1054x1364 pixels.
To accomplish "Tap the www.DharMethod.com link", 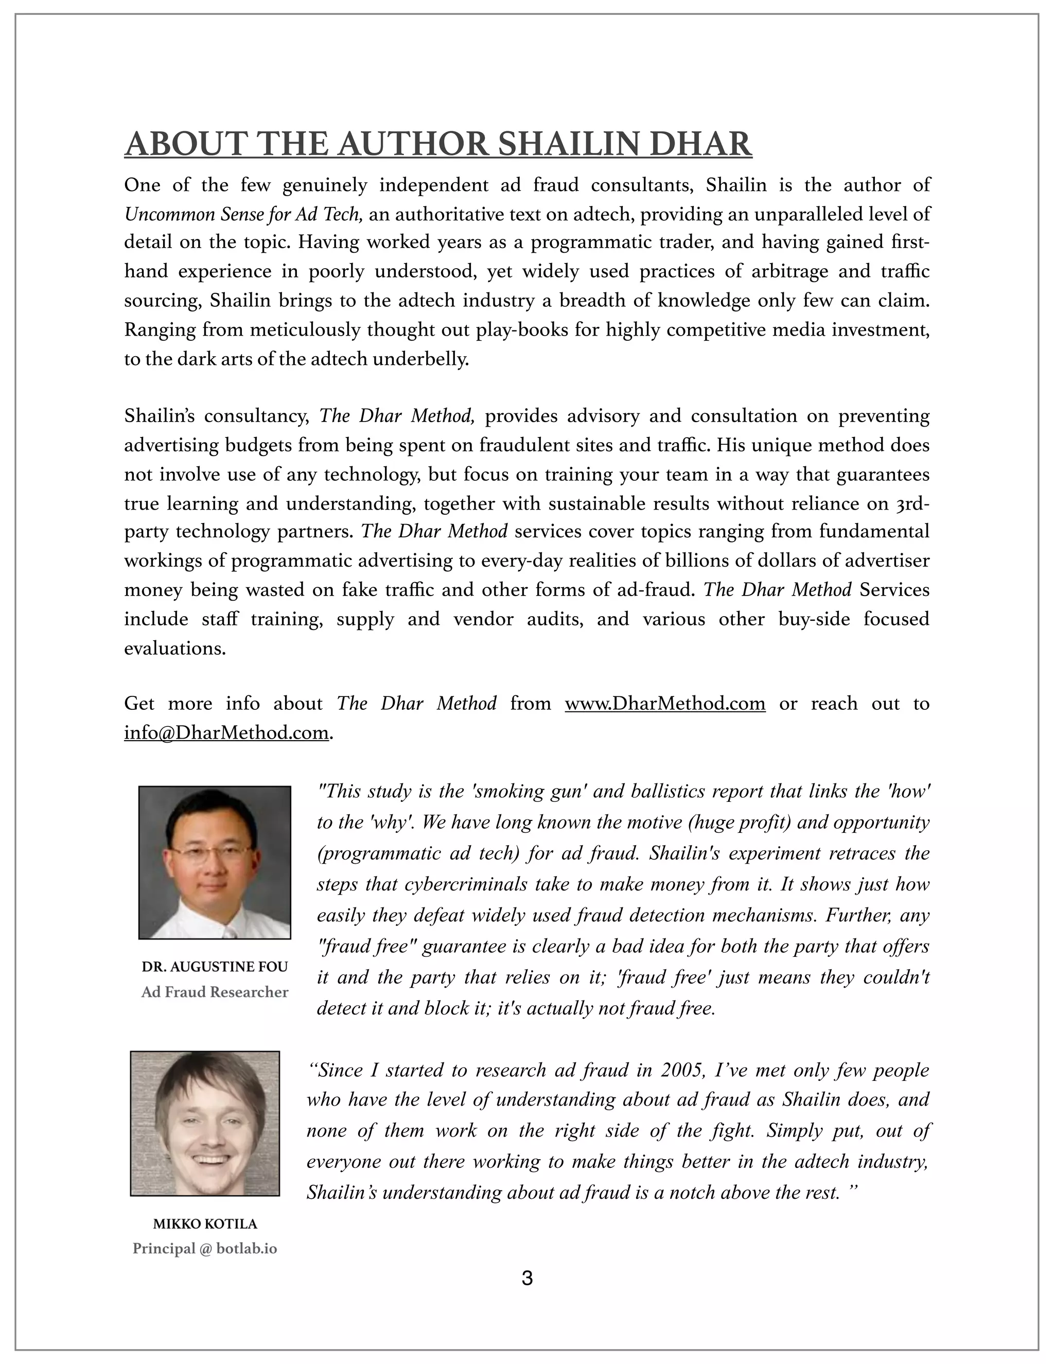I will [664, 704].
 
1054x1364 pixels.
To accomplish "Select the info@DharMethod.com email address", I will [226, 732].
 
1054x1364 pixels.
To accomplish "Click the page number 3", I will [526, 1279].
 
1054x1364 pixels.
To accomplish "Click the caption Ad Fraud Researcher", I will [215, 992].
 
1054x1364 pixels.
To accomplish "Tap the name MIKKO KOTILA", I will [205, 1224].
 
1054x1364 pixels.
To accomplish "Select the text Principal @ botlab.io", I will [205, 1249].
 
